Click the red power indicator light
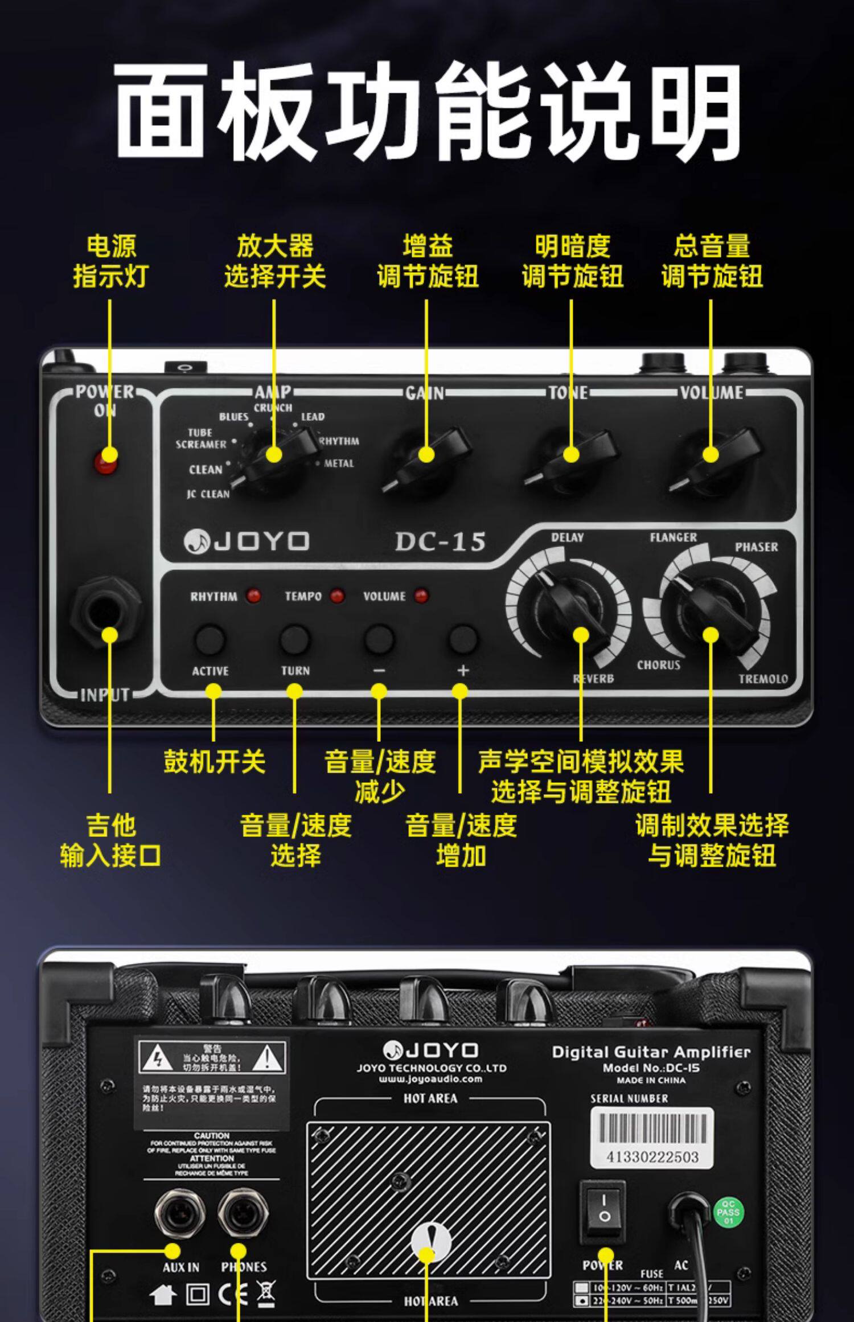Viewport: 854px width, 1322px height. [106, 460]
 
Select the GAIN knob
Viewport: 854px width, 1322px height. [426, 458]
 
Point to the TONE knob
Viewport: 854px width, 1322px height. [571, 458]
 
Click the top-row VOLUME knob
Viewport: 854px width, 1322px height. [712, 458]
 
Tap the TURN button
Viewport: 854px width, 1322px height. [294, 639]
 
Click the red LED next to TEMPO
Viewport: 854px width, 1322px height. [338, 596]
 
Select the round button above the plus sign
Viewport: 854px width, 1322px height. [463, 639]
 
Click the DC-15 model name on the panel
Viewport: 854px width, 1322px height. [440, 541]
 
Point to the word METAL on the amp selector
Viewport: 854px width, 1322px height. [339, 463]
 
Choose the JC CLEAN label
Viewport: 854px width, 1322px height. [208, 494]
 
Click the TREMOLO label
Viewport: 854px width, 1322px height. [763, 679]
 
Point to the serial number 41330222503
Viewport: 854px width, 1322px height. [652, 1156]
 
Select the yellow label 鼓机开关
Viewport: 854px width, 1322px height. [215, 762]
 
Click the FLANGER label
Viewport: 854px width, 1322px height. [673, 537]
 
